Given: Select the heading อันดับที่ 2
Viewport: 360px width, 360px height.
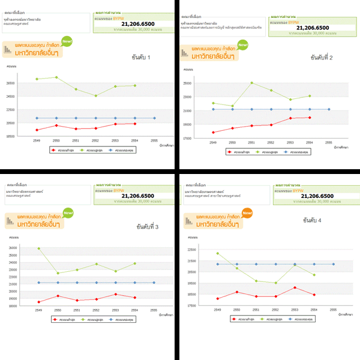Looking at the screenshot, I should point(322,58).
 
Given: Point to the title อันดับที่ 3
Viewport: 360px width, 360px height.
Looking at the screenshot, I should point(148,227).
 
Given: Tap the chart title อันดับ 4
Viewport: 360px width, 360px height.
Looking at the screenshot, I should point(311,221).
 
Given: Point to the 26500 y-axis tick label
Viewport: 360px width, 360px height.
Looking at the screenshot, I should point(11,83).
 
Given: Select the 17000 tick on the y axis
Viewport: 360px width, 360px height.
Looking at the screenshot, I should point(187,139).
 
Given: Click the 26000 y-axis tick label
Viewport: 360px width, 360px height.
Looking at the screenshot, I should point(13,248).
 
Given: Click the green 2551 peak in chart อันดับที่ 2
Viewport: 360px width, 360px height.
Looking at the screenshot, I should point(252,83).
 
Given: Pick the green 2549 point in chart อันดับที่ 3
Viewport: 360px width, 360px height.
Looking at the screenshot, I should point(39,248).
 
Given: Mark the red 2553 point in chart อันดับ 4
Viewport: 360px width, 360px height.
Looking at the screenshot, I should point(295,287).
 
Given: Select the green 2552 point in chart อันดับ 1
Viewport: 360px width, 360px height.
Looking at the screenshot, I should point(95,95).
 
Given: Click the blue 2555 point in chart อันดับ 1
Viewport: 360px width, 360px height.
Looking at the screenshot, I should point(154,118).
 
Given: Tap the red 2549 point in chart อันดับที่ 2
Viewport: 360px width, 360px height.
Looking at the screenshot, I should point(213,133).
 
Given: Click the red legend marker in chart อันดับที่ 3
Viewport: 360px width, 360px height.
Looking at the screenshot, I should point(55,320).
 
